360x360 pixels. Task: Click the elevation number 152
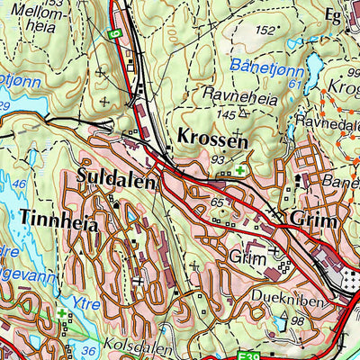[x=264, y=31]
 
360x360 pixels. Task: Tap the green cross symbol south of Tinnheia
[x=61, y=315]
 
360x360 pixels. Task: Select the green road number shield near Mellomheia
[x=113, y=33]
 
